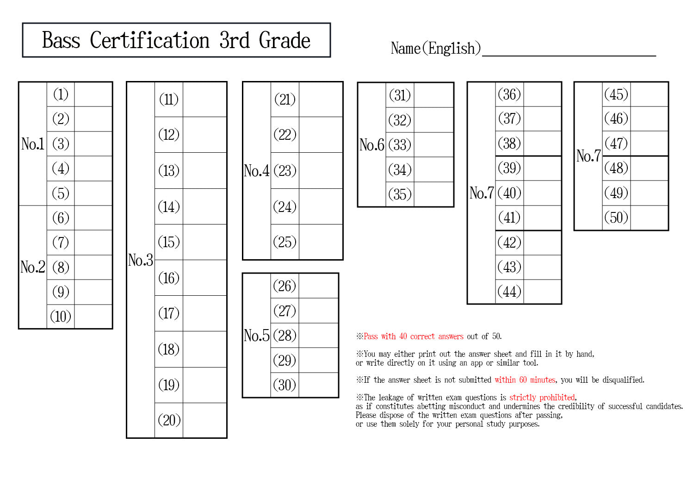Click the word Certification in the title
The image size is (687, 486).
click(150, 40)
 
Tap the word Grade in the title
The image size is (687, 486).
click(285, 40)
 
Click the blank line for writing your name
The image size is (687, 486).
click(569, 56)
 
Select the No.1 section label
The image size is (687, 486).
click(33, 144)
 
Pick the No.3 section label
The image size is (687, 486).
click(141, 260)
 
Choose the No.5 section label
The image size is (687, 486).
click(256, 336)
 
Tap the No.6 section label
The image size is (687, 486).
click(371, 145)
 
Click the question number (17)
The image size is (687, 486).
click(169, 313)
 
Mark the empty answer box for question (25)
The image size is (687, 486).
click(321, 242)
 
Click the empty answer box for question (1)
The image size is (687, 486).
click(93, 94)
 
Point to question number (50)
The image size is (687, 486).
click(616, 218)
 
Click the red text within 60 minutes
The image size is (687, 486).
click(525, 380)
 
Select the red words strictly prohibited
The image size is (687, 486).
click(542, 397)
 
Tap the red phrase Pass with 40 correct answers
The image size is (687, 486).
click(414, 336)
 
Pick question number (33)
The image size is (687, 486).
click(400, 145)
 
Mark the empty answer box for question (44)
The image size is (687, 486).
click(542, 292)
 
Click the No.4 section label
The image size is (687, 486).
click(256, 171)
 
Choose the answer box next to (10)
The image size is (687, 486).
click(93, 316)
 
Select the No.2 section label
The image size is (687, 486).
click(33, 267)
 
